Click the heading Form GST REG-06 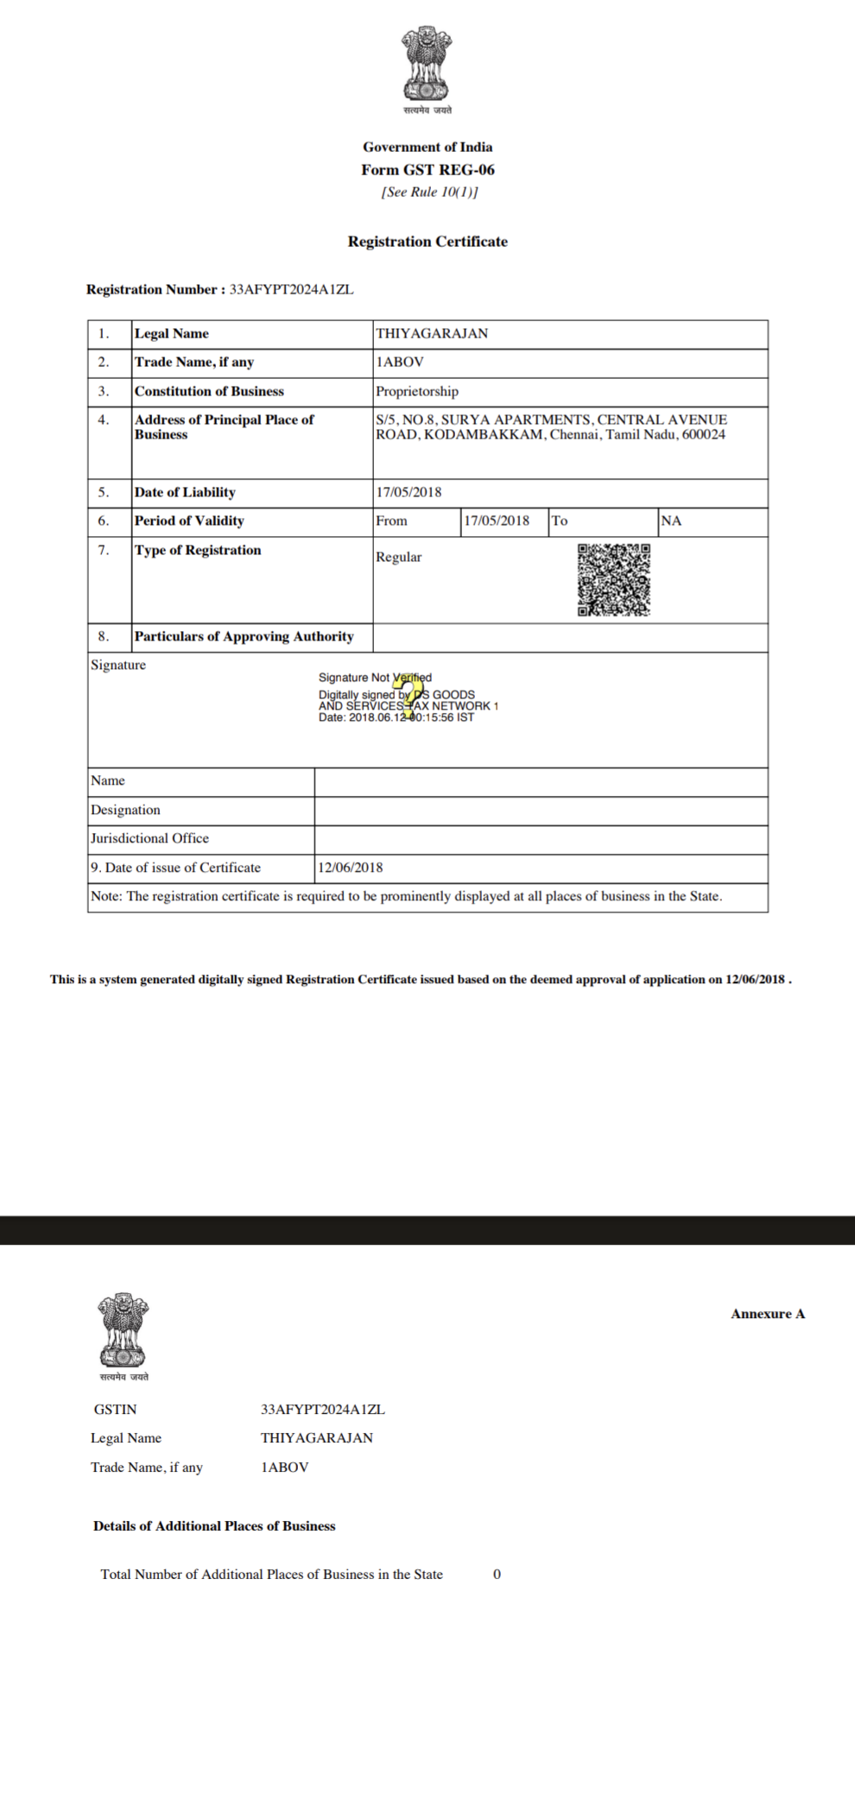click(427, 170)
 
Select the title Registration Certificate click(427, 242)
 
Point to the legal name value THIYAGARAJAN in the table click(432, 334)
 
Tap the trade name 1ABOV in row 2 click(400, 363)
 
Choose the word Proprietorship click(417, 391)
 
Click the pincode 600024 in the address click(704, 435)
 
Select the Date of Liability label click(185, 493)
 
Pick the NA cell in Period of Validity click(671, 521)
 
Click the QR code click(614, 580)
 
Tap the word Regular click(399, 558)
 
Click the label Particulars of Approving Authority click(244, 637)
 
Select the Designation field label click(125, 811)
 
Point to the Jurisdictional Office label click(149, 839)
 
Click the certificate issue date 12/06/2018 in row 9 click(350, 868)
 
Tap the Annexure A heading click(768, 1315)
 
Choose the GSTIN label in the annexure click(116, 1410)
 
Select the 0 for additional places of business click(497, 1575)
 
